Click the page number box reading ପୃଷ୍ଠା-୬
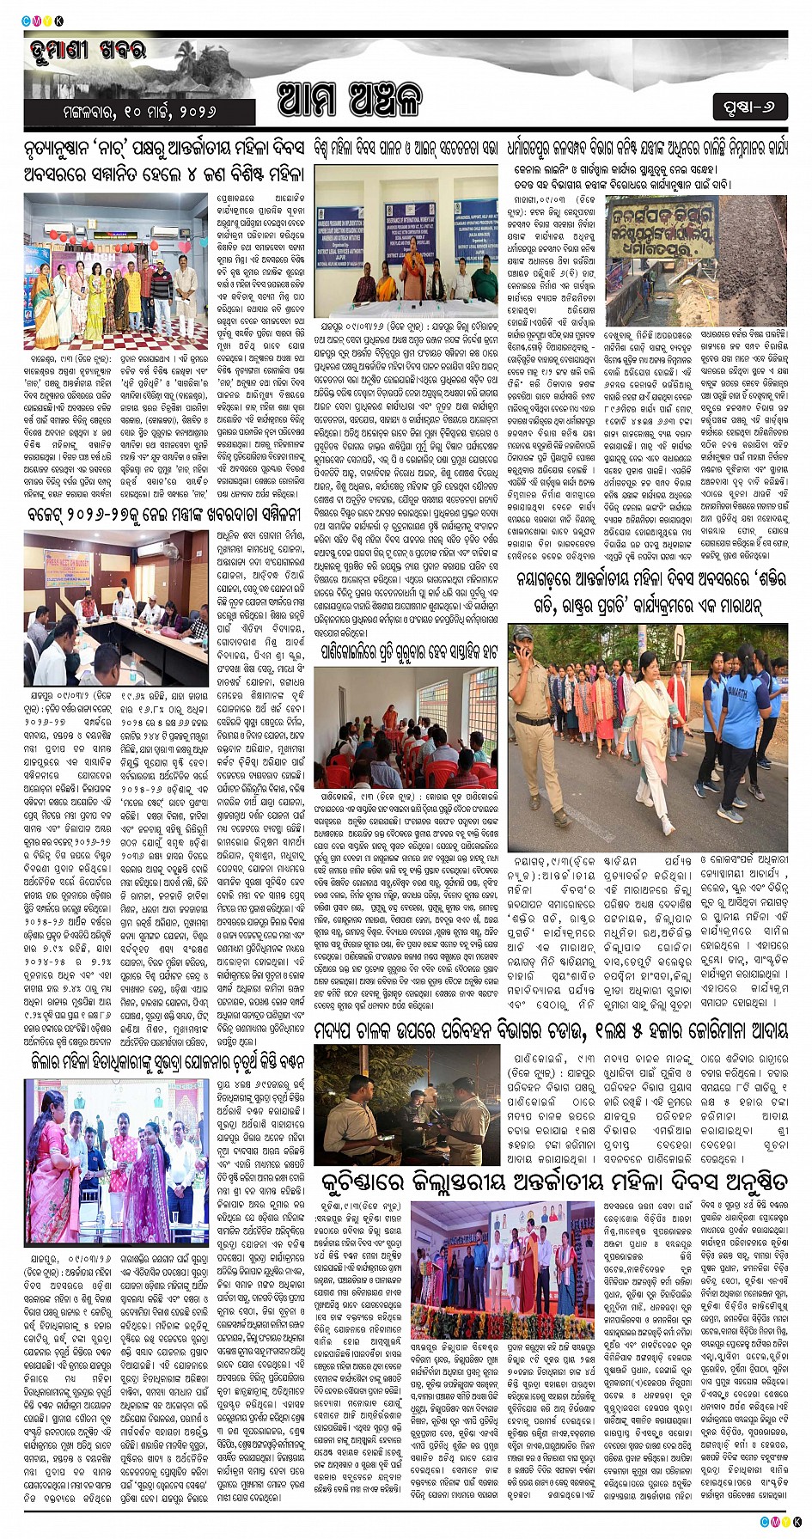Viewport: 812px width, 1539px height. [750, 107]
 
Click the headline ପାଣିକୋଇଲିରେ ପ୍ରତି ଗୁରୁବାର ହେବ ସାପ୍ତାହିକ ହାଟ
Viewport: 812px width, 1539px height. [406, 651]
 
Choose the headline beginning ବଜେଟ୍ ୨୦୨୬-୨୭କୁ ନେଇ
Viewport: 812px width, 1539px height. [163, 515]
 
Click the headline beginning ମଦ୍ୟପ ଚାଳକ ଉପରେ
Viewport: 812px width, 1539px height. [551, 1029]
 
